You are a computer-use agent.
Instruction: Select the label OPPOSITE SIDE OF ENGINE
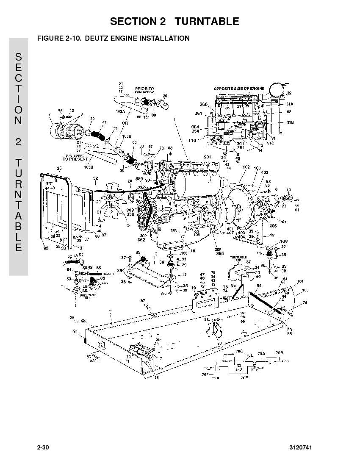[239, 89]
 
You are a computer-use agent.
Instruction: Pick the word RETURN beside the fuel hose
[108, 274]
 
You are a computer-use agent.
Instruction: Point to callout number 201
[207, 157]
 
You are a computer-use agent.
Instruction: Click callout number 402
[265, 172]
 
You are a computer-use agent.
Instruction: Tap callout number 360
[204, 104]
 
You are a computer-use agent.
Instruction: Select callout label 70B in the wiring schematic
[279, 353]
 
